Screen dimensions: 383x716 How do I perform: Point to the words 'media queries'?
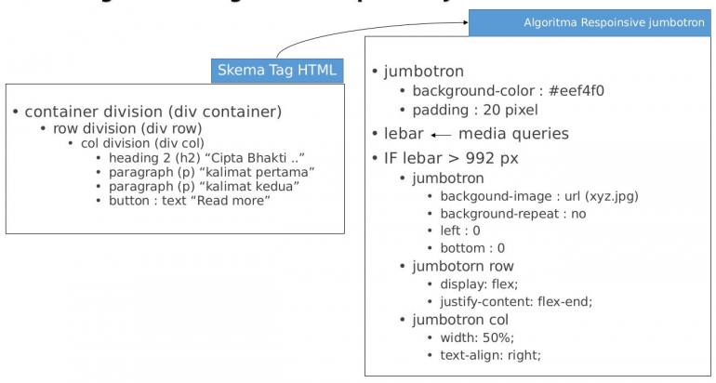pyautogui.click(x=513, y=133)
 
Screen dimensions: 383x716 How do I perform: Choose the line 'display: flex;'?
pyautogui.click(x=479, y=284)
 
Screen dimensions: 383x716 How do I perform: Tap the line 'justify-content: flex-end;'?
pyautogui.click(x=515, y=301)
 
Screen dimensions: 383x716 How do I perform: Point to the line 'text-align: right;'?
pyautogui.click(x=490, y=355)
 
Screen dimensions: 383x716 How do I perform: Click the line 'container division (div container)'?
pyautogui.click(x=152, y=112)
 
